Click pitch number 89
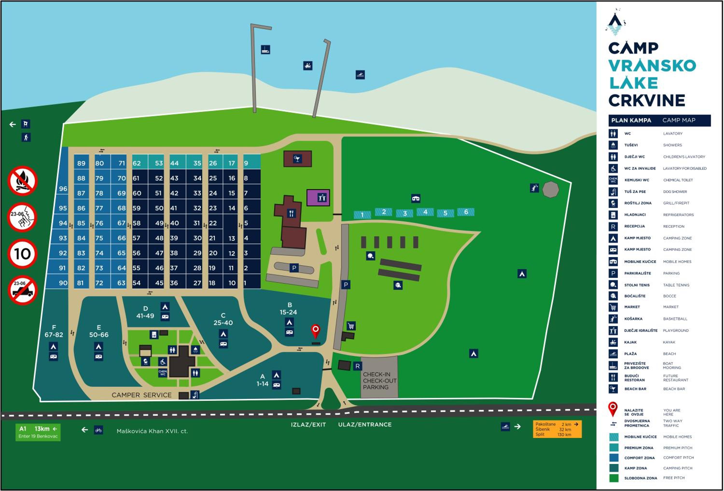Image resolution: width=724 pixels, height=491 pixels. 81,163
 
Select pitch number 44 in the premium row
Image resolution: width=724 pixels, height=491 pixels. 174,163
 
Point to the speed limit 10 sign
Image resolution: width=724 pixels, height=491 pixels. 22,254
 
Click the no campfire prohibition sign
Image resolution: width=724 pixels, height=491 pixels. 22,181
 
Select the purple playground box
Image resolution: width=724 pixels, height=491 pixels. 318,198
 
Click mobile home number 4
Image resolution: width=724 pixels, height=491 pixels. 425,212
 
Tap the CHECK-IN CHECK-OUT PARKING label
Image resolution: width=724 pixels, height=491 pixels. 379,381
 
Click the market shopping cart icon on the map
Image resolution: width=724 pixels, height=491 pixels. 351,326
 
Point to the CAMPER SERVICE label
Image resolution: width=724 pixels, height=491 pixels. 141,395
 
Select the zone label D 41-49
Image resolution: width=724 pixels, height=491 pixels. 145,312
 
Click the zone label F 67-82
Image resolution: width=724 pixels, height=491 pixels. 54,331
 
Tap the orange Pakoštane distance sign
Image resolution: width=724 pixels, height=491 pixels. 557,429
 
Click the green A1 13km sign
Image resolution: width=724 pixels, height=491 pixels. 38,432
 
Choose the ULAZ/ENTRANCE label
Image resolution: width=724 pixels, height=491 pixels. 365,424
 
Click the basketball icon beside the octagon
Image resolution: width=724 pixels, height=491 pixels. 535,188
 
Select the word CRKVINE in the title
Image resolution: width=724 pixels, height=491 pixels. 647,100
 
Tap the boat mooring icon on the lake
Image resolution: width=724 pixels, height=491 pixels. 265,49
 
